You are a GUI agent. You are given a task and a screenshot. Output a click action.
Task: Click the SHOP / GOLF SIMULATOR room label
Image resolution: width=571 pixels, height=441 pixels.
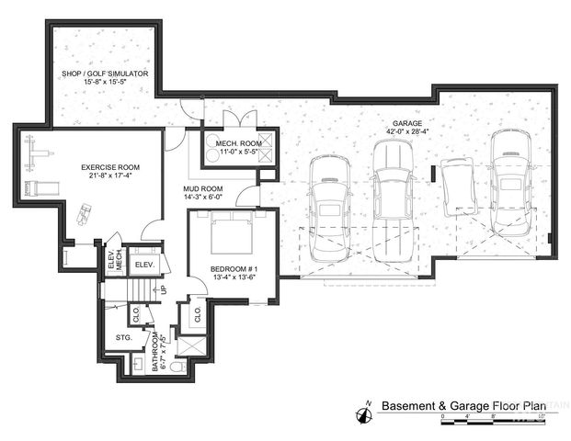point(105,74)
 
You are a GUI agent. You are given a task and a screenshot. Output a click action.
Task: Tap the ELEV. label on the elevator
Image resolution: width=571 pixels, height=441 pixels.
point(143,265)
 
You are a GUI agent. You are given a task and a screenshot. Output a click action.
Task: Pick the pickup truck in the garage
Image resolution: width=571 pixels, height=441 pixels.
point(392,198)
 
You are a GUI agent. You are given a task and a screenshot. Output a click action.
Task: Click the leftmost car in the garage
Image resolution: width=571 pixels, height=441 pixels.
point(329,202)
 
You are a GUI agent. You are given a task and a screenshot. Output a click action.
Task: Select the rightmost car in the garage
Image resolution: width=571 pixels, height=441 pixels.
point(510,184)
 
